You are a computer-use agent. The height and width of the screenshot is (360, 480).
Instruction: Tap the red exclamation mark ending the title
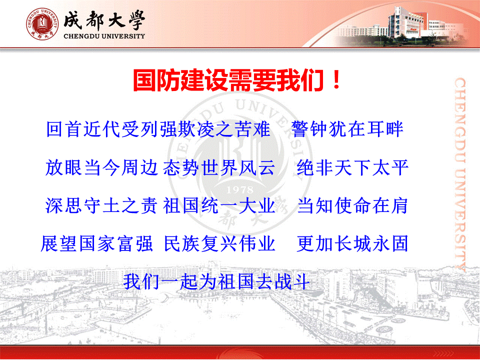point(336,80)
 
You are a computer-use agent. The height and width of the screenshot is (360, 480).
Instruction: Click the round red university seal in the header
point(42,24)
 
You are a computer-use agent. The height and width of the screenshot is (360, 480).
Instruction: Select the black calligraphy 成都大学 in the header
point(104,20)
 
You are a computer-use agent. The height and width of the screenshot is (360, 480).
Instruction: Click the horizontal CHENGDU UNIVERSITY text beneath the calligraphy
point(104,36)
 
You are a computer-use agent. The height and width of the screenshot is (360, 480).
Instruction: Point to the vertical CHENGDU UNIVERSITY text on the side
point(460,174)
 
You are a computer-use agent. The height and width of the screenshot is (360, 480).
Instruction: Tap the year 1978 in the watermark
point(239,190)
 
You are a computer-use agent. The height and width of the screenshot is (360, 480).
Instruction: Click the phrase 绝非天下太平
point(352,167)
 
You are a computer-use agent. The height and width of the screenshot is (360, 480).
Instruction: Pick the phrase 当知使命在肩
point(352,205)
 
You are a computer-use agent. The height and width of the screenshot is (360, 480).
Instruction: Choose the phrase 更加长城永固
point(352,243)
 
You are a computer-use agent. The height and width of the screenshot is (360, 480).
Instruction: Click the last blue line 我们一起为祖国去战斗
point(216,281)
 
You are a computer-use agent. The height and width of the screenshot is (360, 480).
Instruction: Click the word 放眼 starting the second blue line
point(63,167)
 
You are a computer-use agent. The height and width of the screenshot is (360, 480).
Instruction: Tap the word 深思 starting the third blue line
point(63,205)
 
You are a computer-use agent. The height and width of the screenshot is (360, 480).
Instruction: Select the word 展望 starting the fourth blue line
point(59,243)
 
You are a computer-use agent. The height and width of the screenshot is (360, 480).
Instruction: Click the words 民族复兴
point(201,243)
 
